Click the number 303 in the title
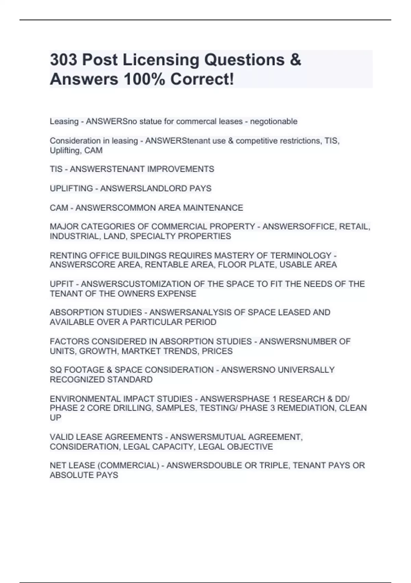64,60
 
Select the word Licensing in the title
161,60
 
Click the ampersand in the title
295,60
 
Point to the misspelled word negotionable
274,121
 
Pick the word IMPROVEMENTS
182,169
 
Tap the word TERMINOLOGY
301,255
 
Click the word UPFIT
62,284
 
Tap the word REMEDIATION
308,408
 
